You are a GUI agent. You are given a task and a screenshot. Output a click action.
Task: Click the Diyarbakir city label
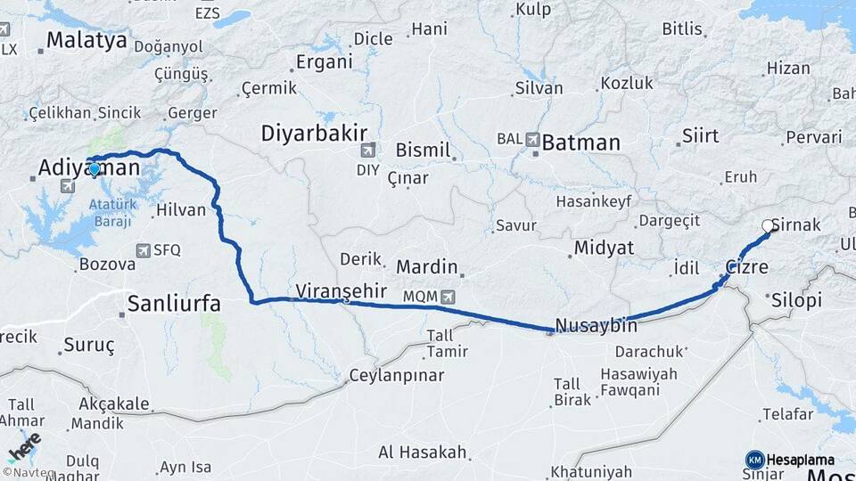click(314, 134)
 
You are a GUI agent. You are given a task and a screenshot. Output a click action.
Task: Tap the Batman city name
click(580, 142)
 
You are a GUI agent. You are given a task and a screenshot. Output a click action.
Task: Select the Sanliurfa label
click(174, 303)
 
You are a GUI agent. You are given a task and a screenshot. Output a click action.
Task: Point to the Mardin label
click(426, 266)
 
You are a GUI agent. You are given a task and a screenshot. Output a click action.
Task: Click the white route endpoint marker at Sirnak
click(768, 226)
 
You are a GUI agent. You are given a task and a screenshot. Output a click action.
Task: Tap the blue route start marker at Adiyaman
click(95, 168)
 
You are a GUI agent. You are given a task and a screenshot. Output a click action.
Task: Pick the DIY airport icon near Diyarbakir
click(368, 150)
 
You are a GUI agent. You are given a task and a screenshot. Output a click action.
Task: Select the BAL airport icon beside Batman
click(532, 139)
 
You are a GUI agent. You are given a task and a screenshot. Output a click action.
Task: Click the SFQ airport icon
click(144, 251)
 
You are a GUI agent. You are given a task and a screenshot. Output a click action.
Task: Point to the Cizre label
click(746, 266)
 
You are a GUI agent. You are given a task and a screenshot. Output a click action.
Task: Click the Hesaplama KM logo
click(755, 460)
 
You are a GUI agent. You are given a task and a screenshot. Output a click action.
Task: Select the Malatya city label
click(86, 40)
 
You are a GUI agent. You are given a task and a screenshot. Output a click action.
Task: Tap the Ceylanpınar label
click(396, 375)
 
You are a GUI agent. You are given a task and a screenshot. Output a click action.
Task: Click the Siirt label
click(700, 135)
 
